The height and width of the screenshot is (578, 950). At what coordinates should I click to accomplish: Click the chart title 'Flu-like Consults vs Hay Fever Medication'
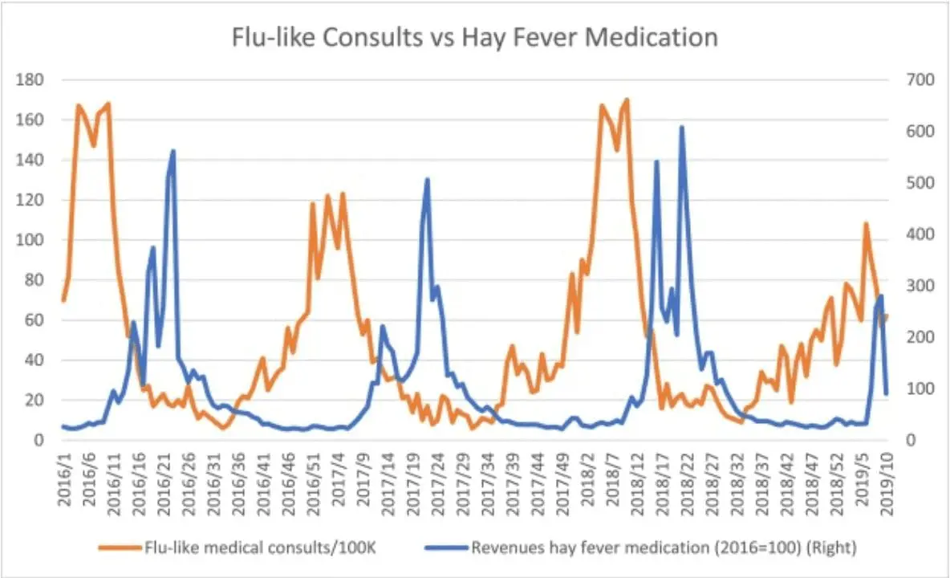pos(474,38)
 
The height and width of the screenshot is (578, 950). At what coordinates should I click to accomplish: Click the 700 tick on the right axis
pos(911,80)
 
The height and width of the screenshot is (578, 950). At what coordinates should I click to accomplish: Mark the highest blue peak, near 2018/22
pos(681,127)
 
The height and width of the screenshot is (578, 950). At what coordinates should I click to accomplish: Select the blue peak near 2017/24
pos(427,179)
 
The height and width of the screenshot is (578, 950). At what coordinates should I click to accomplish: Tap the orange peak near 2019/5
pos(866,223)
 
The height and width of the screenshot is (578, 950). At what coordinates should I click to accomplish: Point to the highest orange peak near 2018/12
pos(627,100)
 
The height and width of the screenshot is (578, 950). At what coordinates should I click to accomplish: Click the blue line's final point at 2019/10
pos(887,394)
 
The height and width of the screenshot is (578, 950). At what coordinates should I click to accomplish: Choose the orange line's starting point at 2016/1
pos(63,300)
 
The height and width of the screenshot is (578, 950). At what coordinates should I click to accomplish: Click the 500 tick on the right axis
pos(911,183)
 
